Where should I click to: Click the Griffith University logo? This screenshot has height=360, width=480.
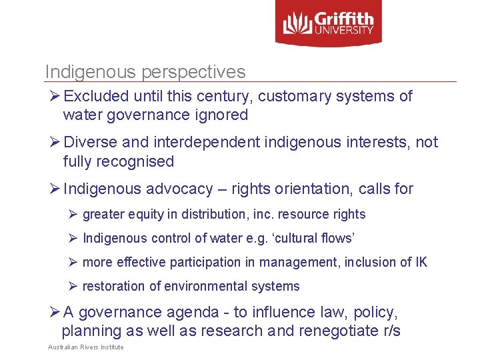tap(328, 23)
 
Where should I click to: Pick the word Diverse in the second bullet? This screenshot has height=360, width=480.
tap(91, 143)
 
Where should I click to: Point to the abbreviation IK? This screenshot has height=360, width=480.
tap(421, 263)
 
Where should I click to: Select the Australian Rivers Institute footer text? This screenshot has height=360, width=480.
tap(85, 347)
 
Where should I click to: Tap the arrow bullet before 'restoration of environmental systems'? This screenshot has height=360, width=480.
tap(73, 287)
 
